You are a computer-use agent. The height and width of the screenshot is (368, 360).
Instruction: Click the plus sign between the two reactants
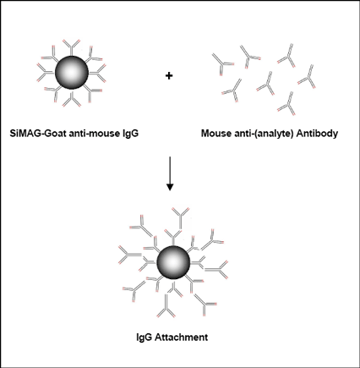169,75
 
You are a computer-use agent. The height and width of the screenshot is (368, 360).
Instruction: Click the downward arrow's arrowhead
170,187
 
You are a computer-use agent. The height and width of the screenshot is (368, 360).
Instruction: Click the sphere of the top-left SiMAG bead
72,73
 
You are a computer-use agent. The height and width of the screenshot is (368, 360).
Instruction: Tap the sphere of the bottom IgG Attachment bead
173,262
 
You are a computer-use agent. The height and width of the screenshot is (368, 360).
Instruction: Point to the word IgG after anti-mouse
130,134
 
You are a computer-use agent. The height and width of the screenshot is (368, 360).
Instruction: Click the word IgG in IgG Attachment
145,338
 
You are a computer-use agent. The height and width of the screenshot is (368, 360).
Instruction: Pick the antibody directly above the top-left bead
71,47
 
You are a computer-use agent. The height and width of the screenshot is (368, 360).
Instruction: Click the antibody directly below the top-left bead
71,99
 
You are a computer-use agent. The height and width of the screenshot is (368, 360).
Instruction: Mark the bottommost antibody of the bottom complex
166,308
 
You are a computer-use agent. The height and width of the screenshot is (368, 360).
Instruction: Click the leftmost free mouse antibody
221,63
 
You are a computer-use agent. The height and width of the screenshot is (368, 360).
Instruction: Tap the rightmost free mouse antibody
307,77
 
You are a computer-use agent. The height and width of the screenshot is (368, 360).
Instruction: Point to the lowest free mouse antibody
287,104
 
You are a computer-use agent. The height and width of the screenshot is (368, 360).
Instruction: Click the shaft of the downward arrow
170,170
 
